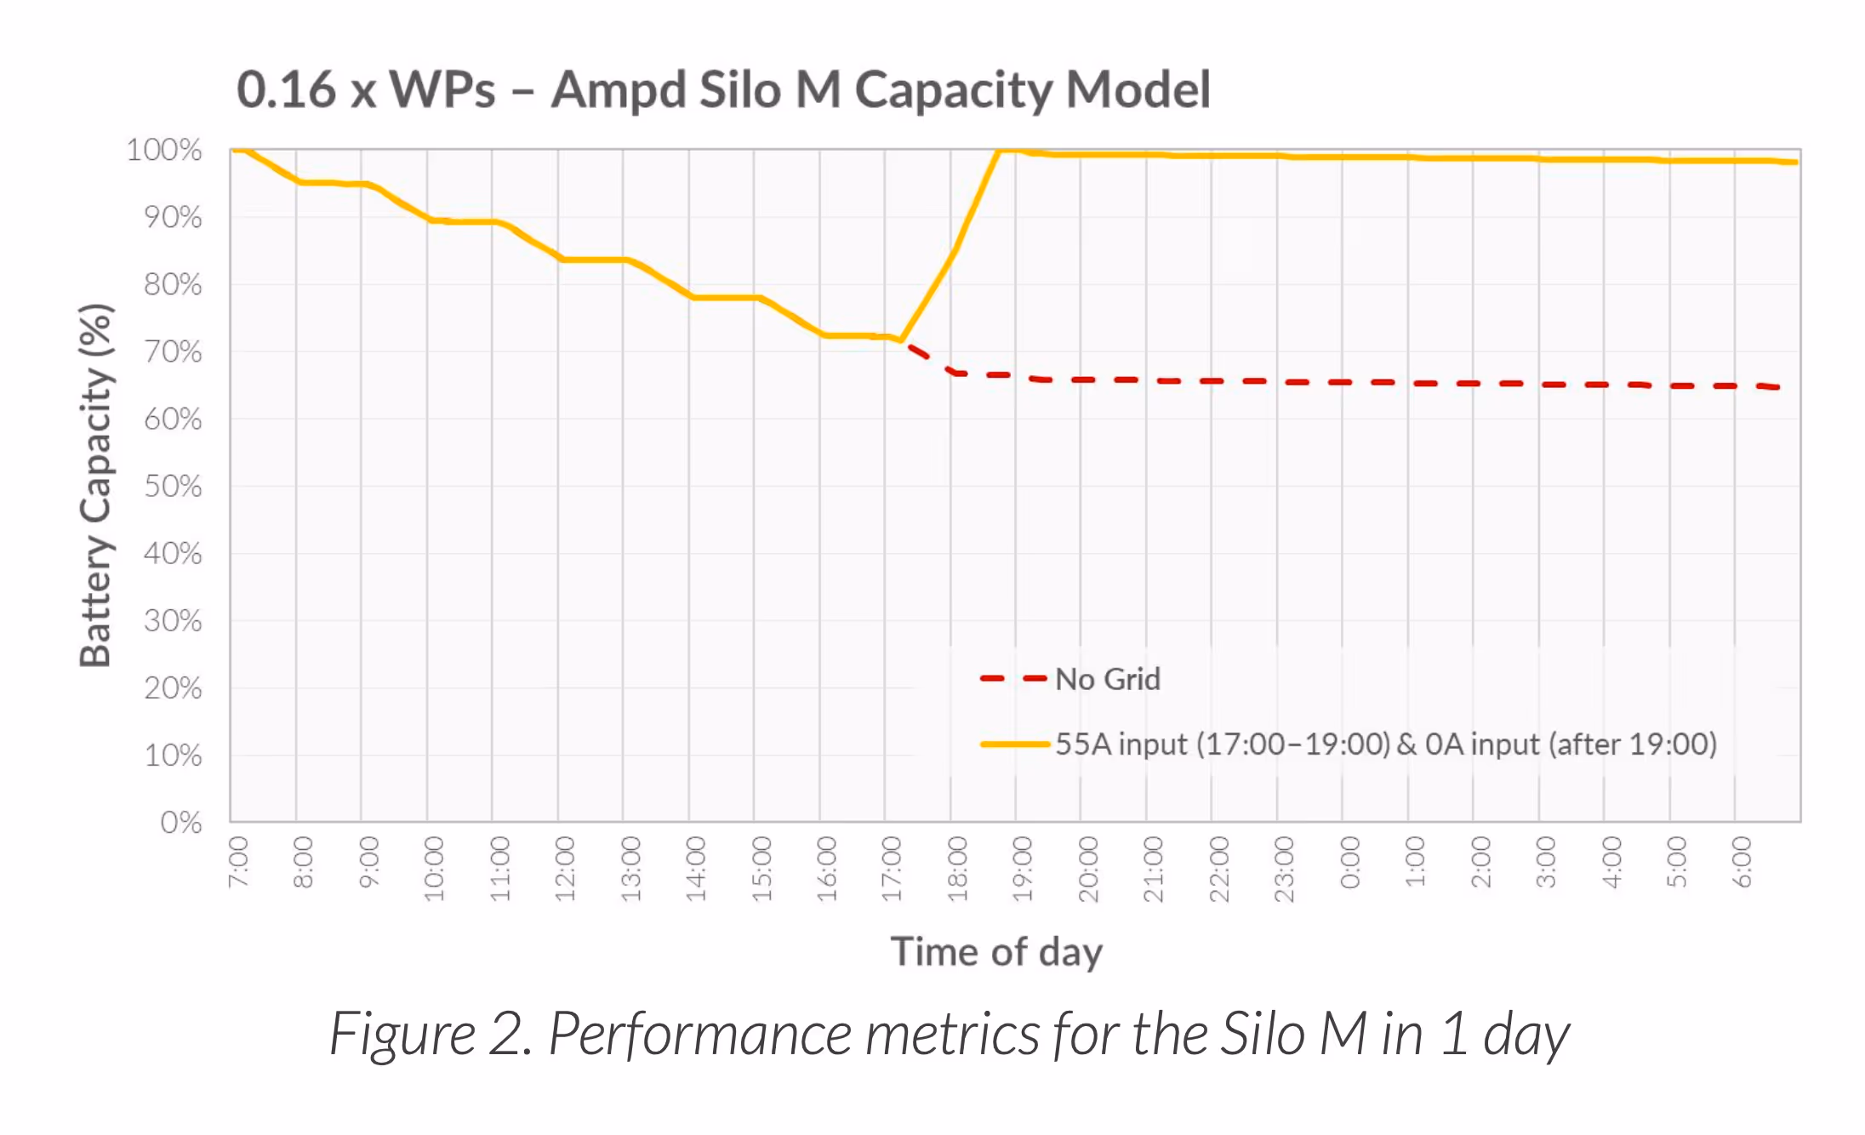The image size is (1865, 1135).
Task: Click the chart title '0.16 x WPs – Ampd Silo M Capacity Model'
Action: [x=723, y=89]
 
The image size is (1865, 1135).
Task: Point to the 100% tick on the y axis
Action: [x=164, y=151]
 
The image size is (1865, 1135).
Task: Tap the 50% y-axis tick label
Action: [x=173, y=487]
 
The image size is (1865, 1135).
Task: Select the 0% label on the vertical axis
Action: [x=180, y=823]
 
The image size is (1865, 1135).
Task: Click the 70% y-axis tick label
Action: [x=173, y=352]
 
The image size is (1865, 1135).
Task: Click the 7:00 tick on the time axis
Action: [x=239, y=862]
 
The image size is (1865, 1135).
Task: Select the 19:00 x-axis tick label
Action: [x=1023, y=868]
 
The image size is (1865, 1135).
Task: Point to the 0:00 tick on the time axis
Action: [x=1350, y=862]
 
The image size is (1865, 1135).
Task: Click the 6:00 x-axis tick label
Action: [x=1742, y=862]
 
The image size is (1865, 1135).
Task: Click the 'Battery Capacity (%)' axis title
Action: [x=95, y=485]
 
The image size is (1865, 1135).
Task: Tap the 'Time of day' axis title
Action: [x=996, y=951]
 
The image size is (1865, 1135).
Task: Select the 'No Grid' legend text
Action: [x=1108, y=679]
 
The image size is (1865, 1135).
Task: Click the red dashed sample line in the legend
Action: [x=1012, y=679]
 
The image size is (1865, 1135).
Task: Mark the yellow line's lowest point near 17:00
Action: [x=901, y=340]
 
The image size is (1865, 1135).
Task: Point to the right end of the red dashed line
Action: [x=1778, y=387]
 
